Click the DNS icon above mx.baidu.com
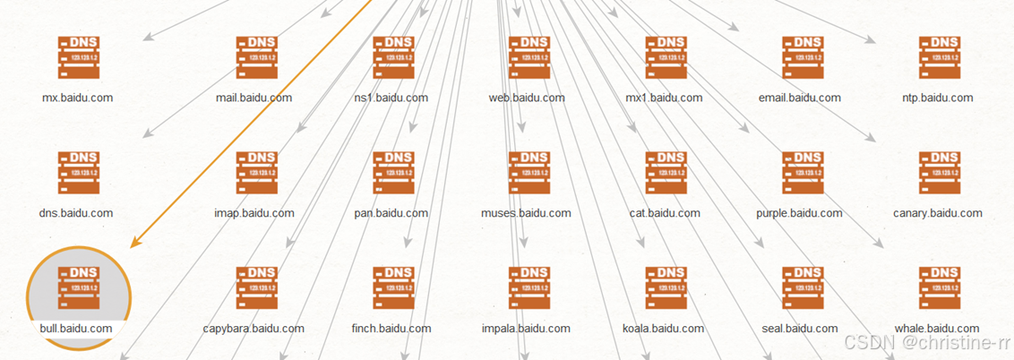point(78,58)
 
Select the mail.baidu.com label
point(254,98)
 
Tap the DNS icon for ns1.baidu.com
point(393,58)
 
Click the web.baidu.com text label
point(527,98)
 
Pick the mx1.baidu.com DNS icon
point(666,58)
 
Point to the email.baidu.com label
point(800,98)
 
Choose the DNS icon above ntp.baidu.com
point(939,58)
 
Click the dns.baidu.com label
point(76,213)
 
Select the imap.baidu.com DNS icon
point(257,173)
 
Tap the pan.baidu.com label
point(391,213)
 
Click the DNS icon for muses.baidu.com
point(528,173)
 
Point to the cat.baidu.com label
point(663,213)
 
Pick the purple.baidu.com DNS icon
point(803,173)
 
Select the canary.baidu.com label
point(938,213)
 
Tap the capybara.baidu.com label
point(253,329)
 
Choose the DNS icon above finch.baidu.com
point(393,287)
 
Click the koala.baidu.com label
point(663,329)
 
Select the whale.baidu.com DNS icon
point(939,287)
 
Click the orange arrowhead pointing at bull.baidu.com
point(136,242)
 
